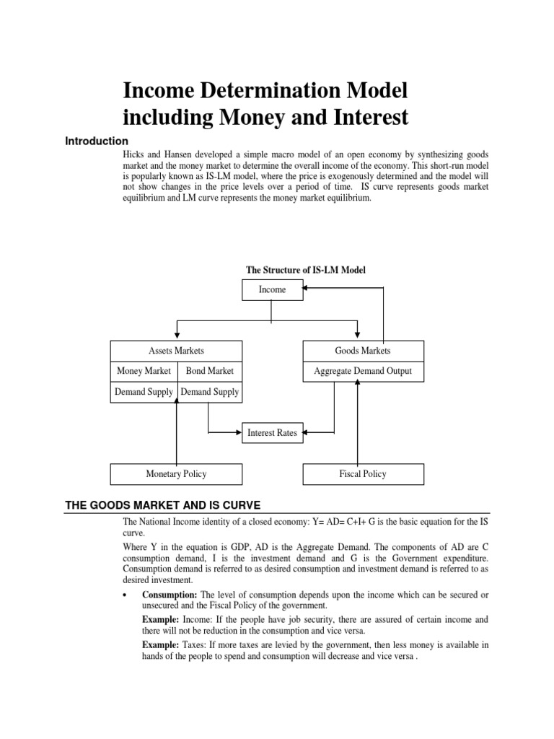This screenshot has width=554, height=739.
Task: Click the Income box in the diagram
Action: [x=272, y=289]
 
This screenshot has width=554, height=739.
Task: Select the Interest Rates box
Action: [x=272, y=433]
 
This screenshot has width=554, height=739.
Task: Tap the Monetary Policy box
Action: [x=176, y=474]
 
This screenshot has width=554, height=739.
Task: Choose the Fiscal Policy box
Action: [x=363, y=474]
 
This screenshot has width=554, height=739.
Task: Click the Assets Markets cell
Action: [x=176, y=351]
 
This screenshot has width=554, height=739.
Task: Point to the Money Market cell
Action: [x=144, y=371]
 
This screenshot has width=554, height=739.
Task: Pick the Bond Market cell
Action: [x=210, y=371]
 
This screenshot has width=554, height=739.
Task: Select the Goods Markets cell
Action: [x=363, y=351]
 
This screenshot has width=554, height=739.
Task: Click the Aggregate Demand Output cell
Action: [x=363, y=371]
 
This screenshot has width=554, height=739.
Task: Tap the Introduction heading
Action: [x=97, y=141]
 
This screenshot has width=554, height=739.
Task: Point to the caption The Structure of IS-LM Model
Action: [x=307, y=270]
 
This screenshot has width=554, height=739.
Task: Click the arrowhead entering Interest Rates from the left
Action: [x=238, y=433]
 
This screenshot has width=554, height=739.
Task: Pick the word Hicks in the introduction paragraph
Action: [x=134, y=156]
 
